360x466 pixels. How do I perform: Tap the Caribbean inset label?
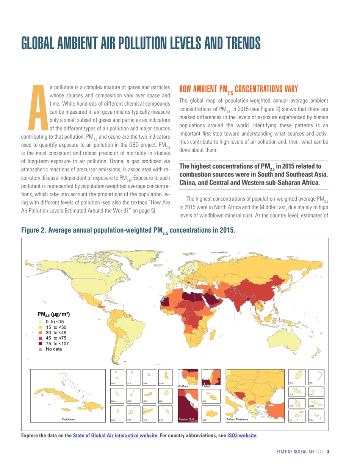click(68, 419)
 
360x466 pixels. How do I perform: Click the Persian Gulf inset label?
click(186, 419)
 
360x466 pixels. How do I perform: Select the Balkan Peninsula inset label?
click(237, 419)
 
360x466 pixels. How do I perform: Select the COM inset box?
click(167, 378)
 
